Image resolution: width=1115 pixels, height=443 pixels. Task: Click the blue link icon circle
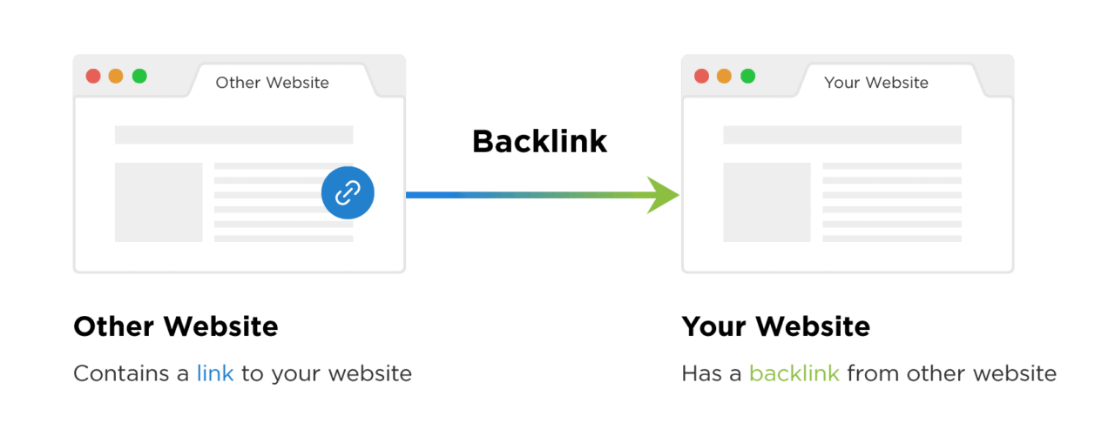[x=348, y=193]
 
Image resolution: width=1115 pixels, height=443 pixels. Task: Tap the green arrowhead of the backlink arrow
[x=665, y=195]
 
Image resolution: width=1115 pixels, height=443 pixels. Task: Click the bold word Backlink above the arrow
[x=539, y=142]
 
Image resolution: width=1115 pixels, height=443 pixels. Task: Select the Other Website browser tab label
[x=273, y=83]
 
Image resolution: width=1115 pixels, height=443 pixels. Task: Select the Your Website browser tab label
[x=876, y=83]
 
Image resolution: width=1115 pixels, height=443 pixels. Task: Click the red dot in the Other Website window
[x=93, y=76]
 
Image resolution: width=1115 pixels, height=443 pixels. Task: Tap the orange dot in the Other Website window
[x=116, y=76]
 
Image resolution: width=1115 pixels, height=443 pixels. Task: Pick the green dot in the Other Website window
[x=139, y=76]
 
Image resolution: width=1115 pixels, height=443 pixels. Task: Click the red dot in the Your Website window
[x=701, y=76]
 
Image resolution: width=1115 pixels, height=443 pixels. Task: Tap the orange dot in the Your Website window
[x=724, y=76]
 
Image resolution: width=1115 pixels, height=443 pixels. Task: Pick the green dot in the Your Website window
[x=747, y=76]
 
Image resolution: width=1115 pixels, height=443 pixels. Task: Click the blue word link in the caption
[x=215, y=373]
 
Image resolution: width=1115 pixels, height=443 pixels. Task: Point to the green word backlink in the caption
[x=794, y=373]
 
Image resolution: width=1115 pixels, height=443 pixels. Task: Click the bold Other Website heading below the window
[x=176, y=326]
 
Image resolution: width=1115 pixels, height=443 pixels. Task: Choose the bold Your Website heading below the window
[x=776, y=326]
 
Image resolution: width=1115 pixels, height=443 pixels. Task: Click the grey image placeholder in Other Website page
[x=159, y=203]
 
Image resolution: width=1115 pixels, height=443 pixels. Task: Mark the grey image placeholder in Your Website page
[x=767, y=203]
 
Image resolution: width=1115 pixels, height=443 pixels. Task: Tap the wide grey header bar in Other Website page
[x=234, y=135]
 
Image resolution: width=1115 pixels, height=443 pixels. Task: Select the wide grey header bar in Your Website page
[x=842, y=135]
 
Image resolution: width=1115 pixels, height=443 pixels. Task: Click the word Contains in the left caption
[x=121, y=373]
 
